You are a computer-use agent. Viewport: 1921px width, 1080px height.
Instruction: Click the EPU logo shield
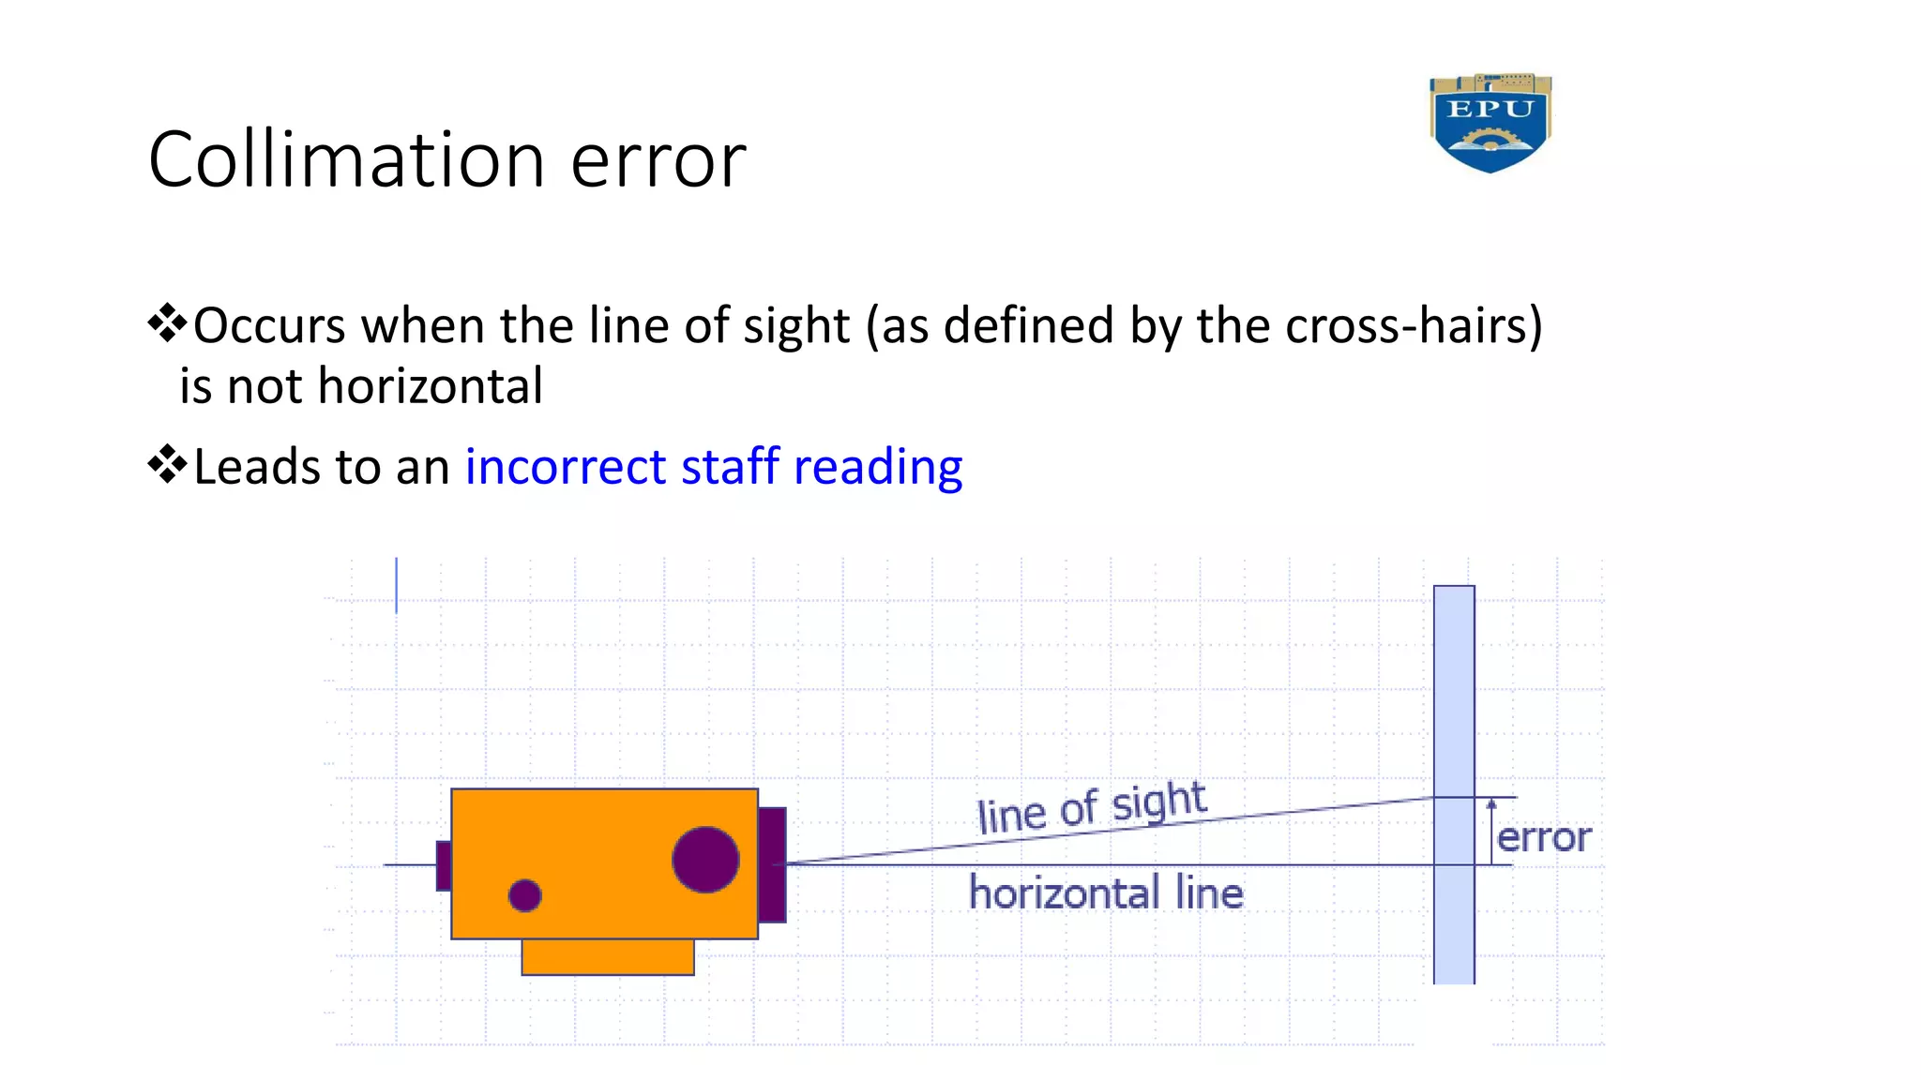pyautogui.click(x=1490, y=123)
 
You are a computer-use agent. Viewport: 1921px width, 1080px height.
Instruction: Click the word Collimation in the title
pyautogui.click(x=346, y=160)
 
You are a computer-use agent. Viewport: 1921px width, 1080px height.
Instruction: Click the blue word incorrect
pyautogui.click(x=566, y=467)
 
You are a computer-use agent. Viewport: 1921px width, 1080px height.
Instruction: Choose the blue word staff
pyautogui.click(x=730, y=467)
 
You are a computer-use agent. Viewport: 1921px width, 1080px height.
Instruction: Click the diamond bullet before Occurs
pyautogui.click(x=167, y=322)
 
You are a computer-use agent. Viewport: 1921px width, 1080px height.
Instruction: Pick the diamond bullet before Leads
pyautogui.click(x=167, y=464)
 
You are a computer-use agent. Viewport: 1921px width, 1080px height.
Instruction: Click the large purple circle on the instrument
pyautogui.click(x=705, y=860)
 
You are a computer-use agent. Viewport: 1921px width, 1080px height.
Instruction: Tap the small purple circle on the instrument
pyautogui.click(x=524, y=895)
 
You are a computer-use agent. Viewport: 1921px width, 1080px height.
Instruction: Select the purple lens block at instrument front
pyautogui.click(x=772, y=864)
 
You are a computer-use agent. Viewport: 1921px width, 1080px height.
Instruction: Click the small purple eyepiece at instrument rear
pyautogui.click(x=444, y=865)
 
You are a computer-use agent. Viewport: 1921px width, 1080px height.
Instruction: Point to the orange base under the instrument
pyautogui.click(x=608, y=956)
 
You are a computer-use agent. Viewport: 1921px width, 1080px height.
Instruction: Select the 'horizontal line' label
pyautogui.click(x=1106, y=892)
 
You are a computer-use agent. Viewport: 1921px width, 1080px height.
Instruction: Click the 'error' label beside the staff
pyautogui.click(x=1544, y=837)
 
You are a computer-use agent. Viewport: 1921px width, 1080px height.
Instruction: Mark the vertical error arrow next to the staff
pyautogui.click(x=1491, y=831)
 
